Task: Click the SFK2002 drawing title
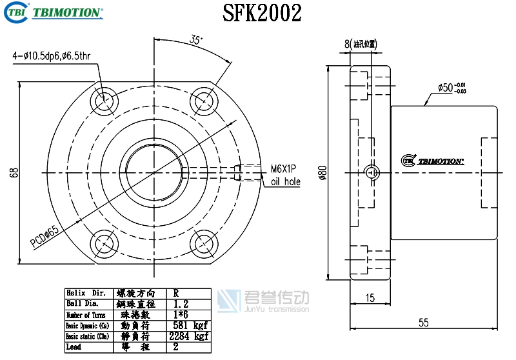pyautogui.click(x=262, y=13)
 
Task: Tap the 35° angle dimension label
pyautogui.click(x=196, y=39)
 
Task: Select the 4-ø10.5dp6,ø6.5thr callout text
pyautogui.click(x=51, y=56)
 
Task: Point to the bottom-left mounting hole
pyautogui.click(x=103, y=245)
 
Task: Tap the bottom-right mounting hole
pyautogui.click(x=204, y=245)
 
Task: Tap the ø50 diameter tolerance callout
pyautogui.click(x=451, y=88)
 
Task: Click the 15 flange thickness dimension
pyautogui.click(x=370, y=298)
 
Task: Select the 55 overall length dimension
pyautogui.click(x=423, y=323)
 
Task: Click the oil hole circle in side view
pyautogui.click(x=370, y=172)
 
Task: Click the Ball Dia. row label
pyautogui.click(x=82, y=303)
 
